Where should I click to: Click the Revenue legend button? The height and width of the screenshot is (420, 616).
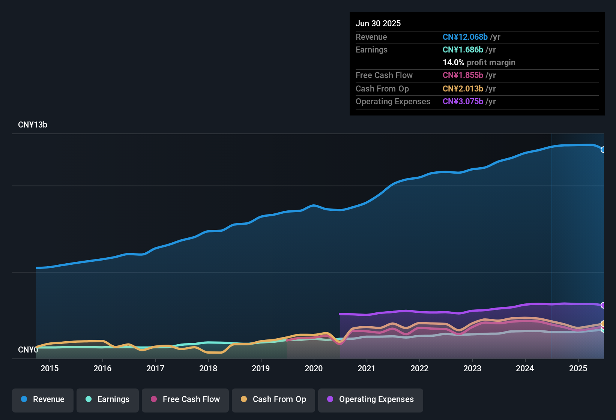[43, 399]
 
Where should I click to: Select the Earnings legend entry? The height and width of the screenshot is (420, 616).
[108, 399]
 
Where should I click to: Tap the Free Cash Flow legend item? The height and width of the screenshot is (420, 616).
[185, 399]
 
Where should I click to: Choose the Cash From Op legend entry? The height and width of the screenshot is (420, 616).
[273, 399]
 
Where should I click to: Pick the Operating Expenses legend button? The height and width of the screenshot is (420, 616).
[371, 399]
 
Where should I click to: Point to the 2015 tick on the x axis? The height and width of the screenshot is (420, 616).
[50, 368]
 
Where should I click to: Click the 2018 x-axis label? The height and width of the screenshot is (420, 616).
[208, 368]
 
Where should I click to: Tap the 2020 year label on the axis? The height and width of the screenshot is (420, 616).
[314, 368]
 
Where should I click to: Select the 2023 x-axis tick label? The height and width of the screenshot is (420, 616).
[472, 368]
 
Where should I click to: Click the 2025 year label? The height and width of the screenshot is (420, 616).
[578, 368]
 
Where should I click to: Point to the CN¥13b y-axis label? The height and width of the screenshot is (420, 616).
[33, 125]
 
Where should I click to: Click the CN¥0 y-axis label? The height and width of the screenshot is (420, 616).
[28, 349]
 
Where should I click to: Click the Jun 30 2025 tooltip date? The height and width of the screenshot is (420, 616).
[378, 23]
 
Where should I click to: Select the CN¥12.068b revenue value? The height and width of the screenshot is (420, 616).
[465, 37]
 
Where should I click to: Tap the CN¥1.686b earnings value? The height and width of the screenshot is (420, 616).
[463, 49]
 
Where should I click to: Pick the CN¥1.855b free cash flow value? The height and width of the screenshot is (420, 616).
[463, 75]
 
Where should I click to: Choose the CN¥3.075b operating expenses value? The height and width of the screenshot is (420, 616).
[463, 101]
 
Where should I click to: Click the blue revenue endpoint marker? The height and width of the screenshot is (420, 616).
[603, 150]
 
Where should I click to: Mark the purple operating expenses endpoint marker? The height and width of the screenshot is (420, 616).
[603, 305]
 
